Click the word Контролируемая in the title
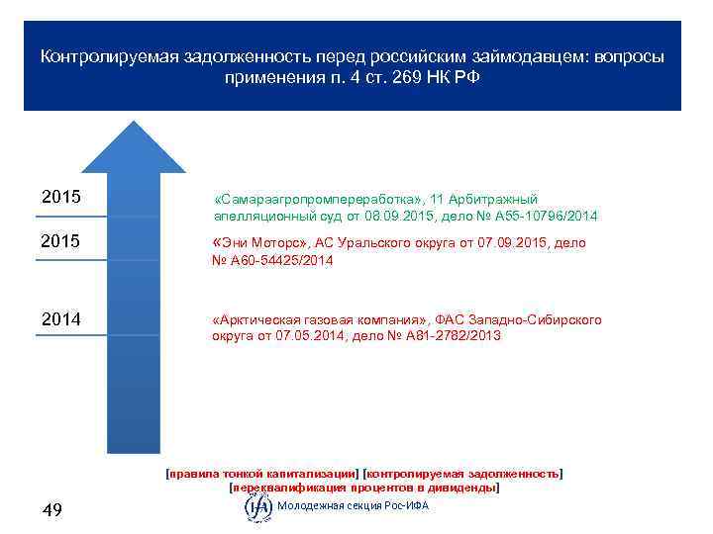pos(101,56)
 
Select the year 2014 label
pos(61,319)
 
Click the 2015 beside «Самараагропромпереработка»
pos(61,197)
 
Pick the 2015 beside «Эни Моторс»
pos(61,242)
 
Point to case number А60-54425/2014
pos(282,261)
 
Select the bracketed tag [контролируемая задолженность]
pos(463,474)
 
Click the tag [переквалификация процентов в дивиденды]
pos(363,488)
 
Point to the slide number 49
pos(52,510)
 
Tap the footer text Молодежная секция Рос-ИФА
pos(354,506)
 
